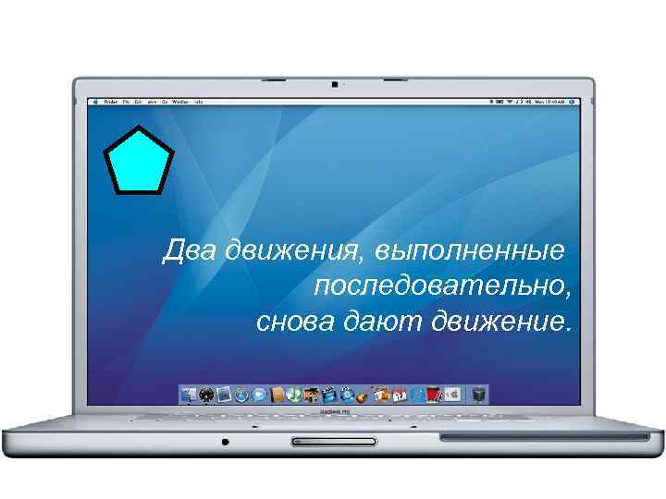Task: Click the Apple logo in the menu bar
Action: coord(93,100)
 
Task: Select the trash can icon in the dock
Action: coord(478,395)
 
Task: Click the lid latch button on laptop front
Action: coord(333,441)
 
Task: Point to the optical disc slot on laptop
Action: coord(542,435)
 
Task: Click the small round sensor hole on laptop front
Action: coord(225,442)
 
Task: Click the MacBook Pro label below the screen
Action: coord(333,410)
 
